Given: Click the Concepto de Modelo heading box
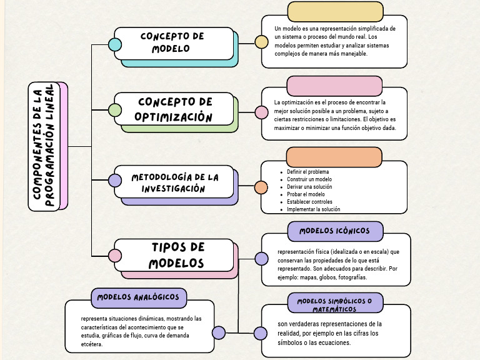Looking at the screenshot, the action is [172, 43].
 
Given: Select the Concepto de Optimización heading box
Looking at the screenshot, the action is [174, 109].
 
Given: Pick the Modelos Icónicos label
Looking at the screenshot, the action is [334, 231].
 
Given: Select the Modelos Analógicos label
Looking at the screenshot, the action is [138, 297].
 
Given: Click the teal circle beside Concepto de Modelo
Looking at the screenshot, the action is [115, 44].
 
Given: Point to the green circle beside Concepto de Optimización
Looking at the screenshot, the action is [115, 111].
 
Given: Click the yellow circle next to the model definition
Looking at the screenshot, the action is [261, 42].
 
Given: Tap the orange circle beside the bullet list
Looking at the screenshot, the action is [261, 187].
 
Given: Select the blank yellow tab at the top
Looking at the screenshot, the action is [335, 11].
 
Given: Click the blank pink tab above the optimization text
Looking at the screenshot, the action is [334, 85].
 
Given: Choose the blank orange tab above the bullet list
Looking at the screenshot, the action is [334, 157].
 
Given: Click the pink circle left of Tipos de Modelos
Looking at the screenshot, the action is [115, 256].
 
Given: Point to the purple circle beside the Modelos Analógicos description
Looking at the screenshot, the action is [219, 332].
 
